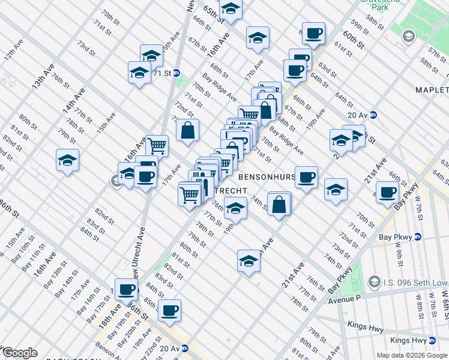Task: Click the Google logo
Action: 19,353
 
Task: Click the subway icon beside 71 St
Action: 177,73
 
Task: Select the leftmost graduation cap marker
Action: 67,160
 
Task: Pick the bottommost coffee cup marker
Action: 169,310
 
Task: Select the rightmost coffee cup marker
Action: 387,192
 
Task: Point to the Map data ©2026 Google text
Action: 411,355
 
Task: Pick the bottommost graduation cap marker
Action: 248,261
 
